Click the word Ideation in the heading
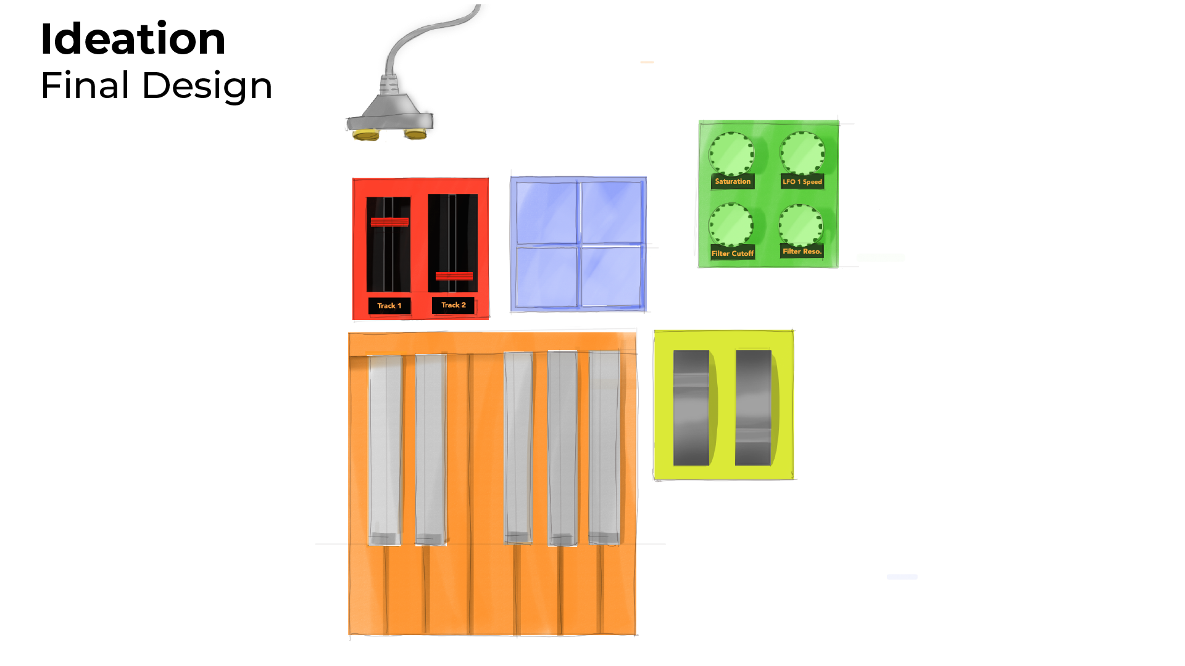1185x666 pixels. (x=133, y=39)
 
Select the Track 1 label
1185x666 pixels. (x=389, y=306)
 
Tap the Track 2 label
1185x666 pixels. (x=453, y=305)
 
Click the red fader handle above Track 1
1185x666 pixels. (x=389, y=222)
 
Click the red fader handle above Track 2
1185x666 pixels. (x=454, y=276)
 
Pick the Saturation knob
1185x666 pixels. (x=731, y=154)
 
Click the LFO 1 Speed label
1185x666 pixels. (x=802, y=182)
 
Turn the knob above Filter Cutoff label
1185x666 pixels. (x=731, y=224)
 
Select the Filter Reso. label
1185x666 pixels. (x=802, y=252)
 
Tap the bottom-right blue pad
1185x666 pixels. (x=612, y=276)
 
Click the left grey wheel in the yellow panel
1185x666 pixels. (x=691, y=408)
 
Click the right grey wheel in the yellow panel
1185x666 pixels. (x=753, y=408)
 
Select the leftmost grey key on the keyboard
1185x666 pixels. (x=385, y=449)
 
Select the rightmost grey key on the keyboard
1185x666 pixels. (x=604, y=447)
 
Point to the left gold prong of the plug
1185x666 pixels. (x=365, y=134)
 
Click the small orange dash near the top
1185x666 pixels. (x=647, y=62)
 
